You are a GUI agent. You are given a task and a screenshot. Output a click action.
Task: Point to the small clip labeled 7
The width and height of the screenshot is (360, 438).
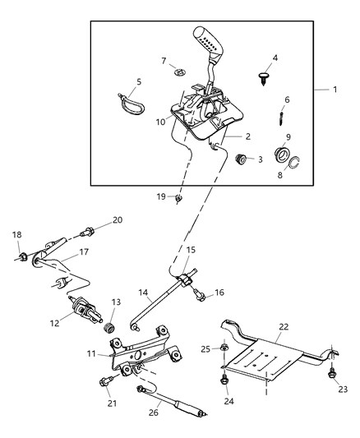(x=180, y=72)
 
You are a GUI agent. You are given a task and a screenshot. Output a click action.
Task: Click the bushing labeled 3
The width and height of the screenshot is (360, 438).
(x=241, y=158)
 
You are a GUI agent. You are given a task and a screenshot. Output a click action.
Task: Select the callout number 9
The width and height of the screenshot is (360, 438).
(x=287, y=137)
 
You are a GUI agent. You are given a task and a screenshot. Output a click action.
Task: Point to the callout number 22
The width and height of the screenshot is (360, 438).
(x=284, y=326)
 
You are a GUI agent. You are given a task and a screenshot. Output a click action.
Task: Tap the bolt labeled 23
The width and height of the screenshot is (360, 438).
(x=332, y=374)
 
